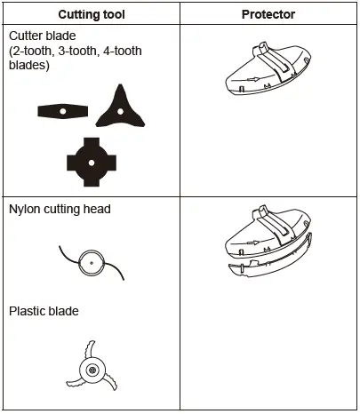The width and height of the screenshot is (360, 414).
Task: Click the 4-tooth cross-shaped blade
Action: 92,160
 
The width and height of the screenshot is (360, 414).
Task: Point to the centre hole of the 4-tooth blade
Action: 92,160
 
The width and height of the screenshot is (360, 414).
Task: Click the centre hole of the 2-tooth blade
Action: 64,110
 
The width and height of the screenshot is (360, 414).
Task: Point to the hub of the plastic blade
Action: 92,368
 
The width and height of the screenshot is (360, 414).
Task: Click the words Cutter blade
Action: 45,37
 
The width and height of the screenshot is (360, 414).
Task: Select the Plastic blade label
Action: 44,311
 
